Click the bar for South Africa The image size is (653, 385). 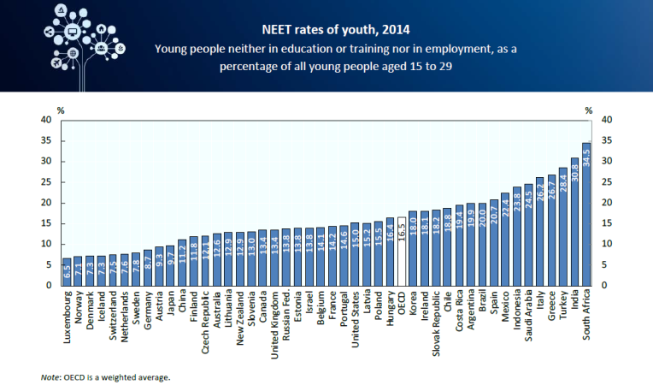click(x=586, y=214)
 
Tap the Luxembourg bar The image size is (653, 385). click(x=68, y=271)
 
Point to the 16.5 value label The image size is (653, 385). click(x=402, y=234)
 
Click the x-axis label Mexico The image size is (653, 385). click(x=506, y=309)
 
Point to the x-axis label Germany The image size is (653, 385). click(x=148, y=311)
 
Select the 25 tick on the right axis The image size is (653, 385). click(x=608, y=182)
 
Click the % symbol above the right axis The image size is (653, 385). click(x=589, y=110)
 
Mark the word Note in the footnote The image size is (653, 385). click(x=50, y=376)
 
